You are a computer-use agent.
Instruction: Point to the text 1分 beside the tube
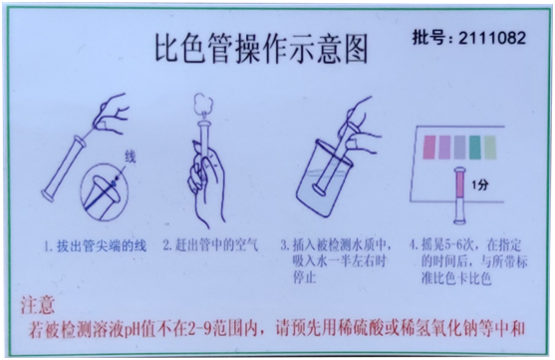[483, 185]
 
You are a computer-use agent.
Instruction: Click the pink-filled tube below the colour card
[459, 189]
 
